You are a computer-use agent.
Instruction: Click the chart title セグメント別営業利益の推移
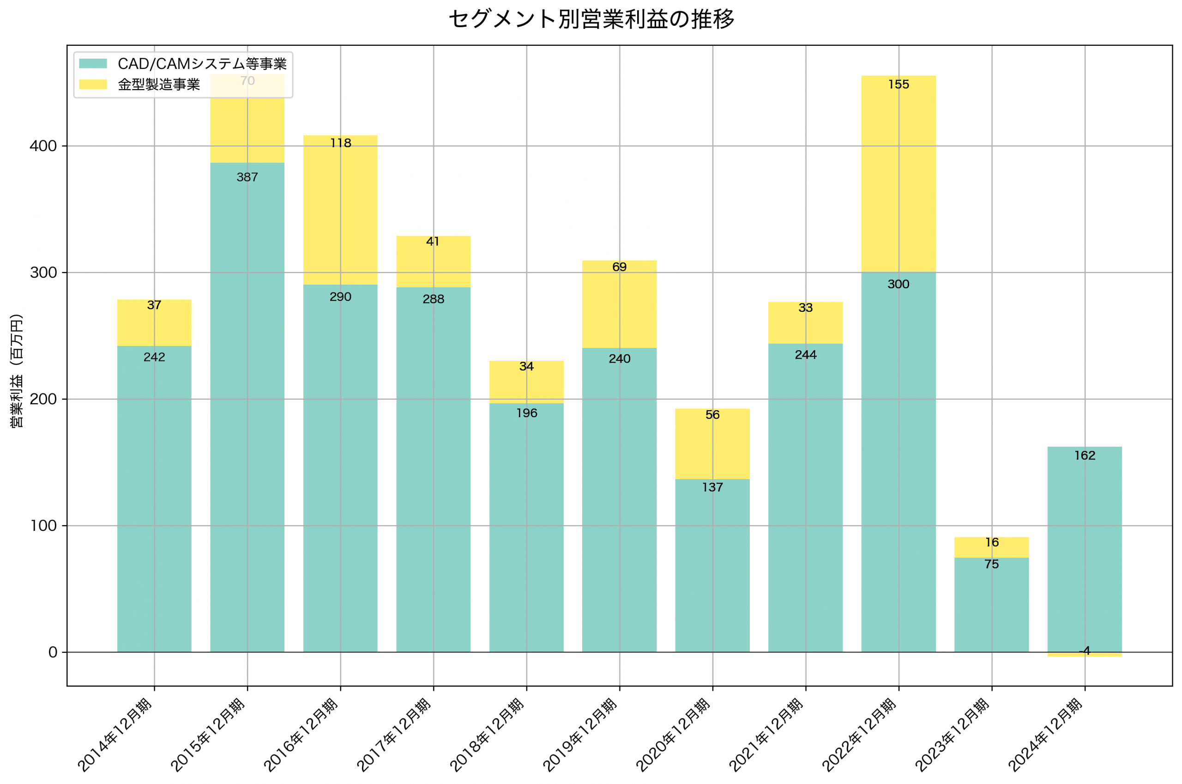tap(591, 19)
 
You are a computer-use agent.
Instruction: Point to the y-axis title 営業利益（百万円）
tap(17, 371)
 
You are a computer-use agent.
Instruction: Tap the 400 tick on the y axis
tap(43, 146)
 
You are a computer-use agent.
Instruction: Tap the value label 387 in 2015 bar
tap(247, 177)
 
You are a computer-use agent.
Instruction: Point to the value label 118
tap(341, 143)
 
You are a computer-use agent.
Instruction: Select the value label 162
tap(1085, 456)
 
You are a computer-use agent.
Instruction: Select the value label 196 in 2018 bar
tap(526, 413)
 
